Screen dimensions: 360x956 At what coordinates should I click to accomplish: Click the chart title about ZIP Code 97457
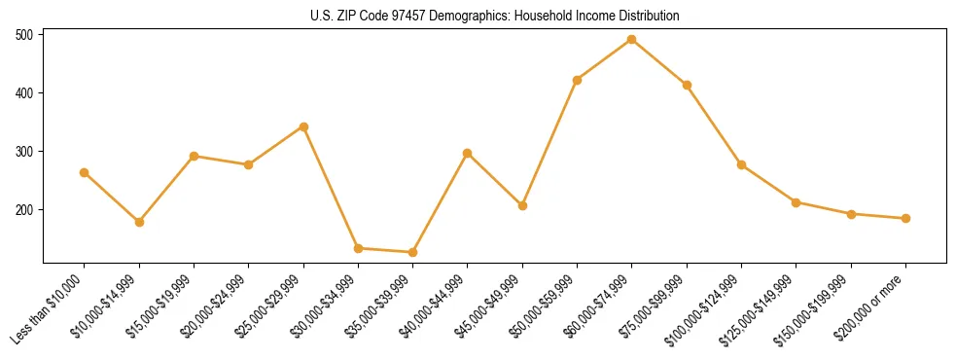tap(494, 16)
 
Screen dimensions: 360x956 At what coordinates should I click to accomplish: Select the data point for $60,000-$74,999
tap(632, 40)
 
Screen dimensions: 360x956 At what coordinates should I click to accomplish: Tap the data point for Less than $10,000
tap(85, 172)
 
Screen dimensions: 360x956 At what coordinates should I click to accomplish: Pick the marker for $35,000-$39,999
tap(413, 252)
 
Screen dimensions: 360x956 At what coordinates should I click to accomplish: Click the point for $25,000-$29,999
tap(303, 126)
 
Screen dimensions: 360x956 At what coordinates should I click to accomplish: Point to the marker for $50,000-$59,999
tap(577, 80)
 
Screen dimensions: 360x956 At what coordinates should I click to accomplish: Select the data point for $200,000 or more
tap(905, 218)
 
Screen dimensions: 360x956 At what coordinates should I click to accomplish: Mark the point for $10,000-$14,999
tap(139, 222)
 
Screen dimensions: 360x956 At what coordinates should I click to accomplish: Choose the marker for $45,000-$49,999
tap(522, 205)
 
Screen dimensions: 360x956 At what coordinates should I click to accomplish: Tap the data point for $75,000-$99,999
tap(687, 85)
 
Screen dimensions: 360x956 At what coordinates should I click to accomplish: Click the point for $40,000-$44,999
tap(468, 153)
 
